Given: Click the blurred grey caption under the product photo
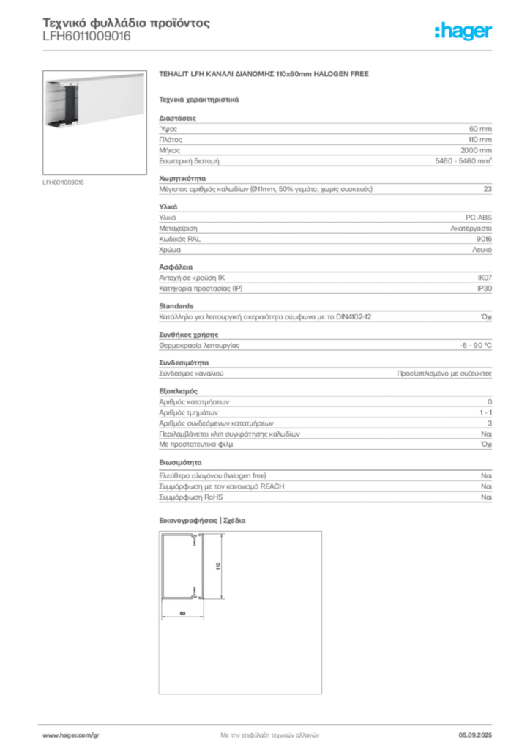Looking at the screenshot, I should pyautogui.click(x=64, y=182).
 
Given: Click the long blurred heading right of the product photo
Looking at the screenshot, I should pyautogui.click(x=266, y=76).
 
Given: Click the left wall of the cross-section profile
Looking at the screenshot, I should pyautogui.click(x=163, y=568).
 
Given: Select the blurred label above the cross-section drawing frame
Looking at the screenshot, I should pyautogui.click(x=205, y=521).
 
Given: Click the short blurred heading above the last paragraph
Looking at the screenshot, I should pyautogui.click(x=181, y=463).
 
